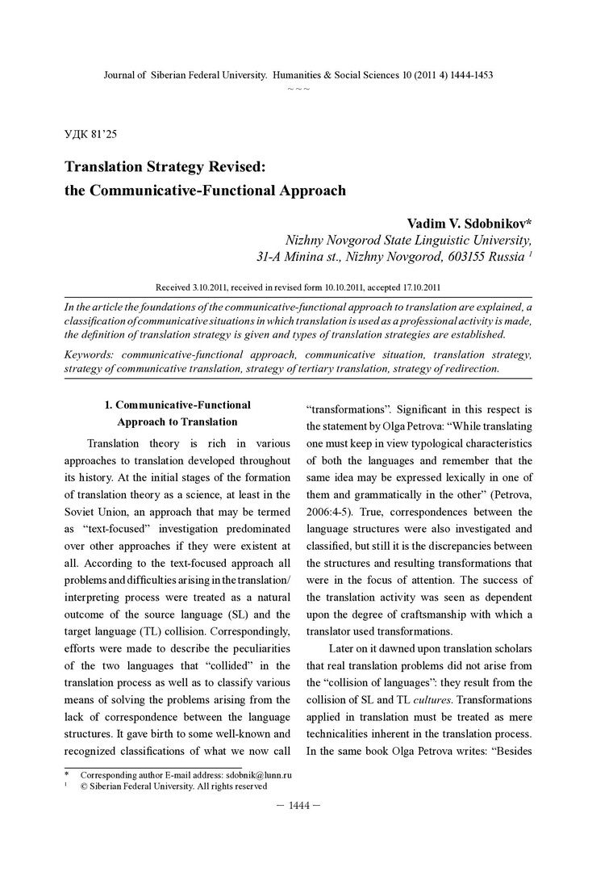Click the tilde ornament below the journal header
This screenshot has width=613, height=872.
coord(298,86)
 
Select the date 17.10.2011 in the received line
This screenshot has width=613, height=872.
coord(411,287)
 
